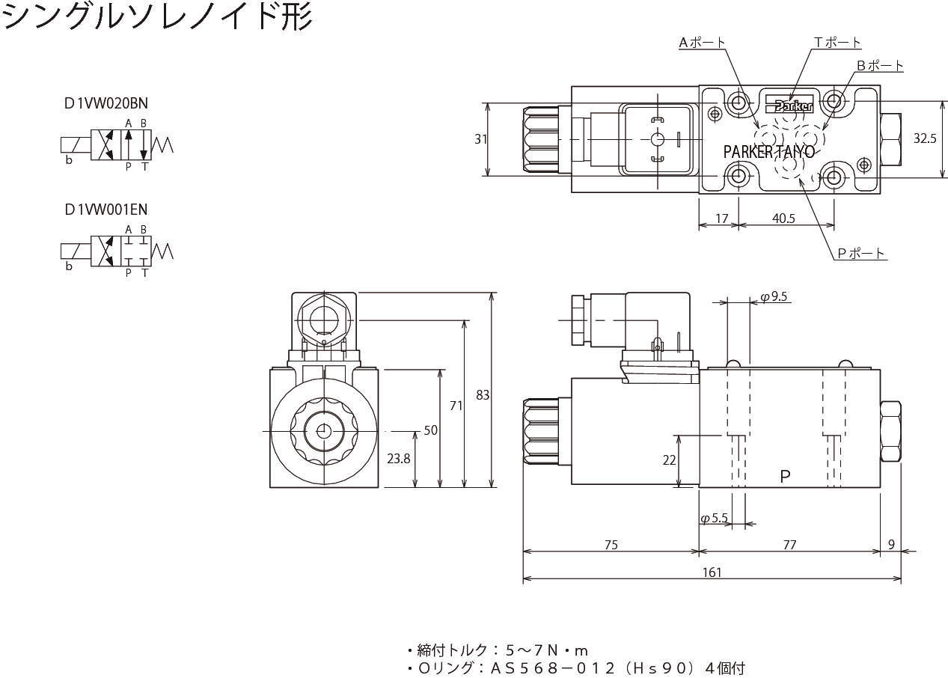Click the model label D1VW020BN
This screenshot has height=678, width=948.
point(100,104)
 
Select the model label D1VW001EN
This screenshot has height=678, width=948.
point(100,210)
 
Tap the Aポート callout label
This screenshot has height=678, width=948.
point(701,43)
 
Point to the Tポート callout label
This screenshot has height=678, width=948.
point(837,43)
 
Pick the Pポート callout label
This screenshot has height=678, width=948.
point(860,254)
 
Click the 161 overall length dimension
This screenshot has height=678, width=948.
point(712,572)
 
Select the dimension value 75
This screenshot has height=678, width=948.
point(611,545)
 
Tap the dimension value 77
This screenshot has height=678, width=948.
point(789,545)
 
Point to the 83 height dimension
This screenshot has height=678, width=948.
point(483,394)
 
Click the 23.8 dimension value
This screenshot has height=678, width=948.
point(398,459)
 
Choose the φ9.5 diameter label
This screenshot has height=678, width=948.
point(774,297)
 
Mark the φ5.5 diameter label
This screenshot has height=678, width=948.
point(714,518)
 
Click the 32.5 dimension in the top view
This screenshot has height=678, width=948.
point(925,138)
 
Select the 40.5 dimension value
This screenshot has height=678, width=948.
point(783,219)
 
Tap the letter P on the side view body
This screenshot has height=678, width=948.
point(785,476)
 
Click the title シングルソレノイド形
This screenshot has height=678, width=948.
point(157,16)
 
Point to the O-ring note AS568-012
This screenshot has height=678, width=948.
point(576,668)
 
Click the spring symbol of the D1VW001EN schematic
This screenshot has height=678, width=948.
point(162,250)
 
